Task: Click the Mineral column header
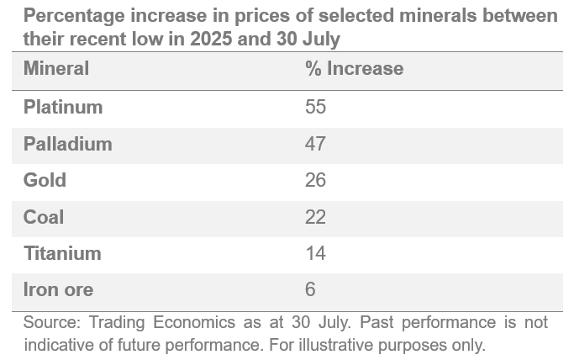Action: [56, 69]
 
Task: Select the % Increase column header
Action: [354, 69]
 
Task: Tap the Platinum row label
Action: [63, 108]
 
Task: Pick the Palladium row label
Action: [67, 144]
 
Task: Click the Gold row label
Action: [45, 181]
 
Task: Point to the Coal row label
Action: [44, 217]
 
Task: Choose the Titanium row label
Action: [62, 253]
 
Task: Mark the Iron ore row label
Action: [58, 290]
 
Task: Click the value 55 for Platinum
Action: [315, 108]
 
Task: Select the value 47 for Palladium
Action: [315, 144]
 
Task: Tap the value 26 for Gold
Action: [315, 181]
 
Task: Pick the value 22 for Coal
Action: [315, 217]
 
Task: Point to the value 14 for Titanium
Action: [315, 253]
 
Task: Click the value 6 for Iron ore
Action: [310, 290]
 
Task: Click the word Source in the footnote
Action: [48, 323]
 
